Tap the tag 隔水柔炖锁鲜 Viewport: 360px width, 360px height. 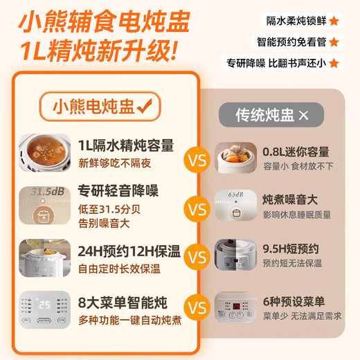tap(292, 21)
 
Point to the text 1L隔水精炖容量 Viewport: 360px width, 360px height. tap(125, 146)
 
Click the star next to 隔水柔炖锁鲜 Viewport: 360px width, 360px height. tap(334, 21)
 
